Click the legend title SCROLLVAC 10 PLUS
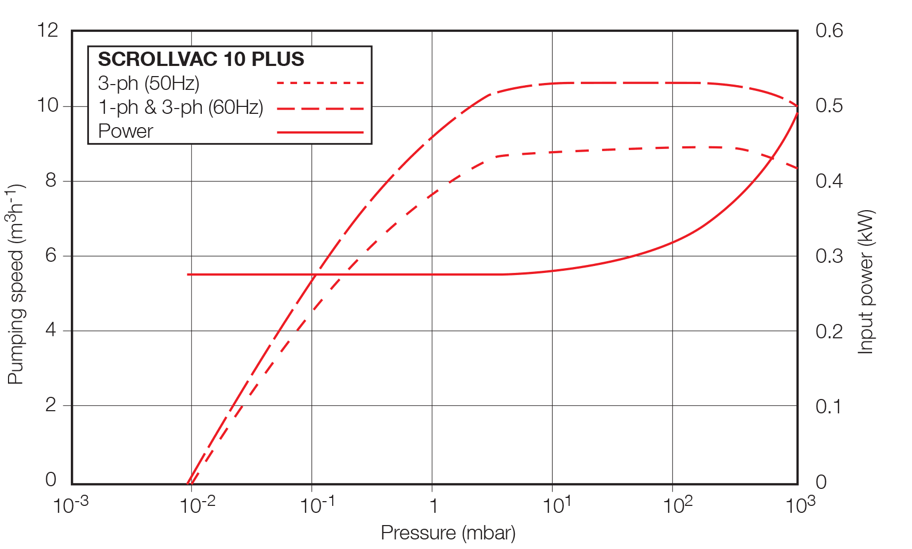click(201, 59)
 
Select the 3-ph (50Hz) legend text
click(149, 84)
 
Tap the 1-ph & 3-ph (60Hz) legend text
click(180, 107)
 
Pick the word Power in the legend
click(126, 131)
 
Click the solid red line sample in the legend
click(320, 132)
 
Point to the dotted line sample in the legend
click(320, 83)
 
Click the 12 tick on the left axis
click(47, 30)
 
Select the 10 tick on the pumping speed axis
click(47, 105)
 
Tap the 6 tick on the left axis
click(51, 255)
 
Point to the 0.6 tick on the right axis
click(829, 30)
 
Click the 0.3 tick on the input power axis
click(829, 256)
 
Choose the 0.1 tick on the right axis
click(829, 406)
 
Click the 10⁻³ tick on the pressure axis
click(71, 505)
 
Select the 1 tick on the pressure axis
click(433, 506)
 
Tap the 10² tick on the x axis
click(677, 505)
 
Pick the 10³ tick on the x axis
click(800, 505)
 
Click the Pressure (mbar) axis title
click(448, 533)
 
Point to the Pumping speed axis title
click(17, 284)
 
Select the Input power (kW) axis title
click(866, 282)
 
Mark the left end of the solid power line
click(188, 274)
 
